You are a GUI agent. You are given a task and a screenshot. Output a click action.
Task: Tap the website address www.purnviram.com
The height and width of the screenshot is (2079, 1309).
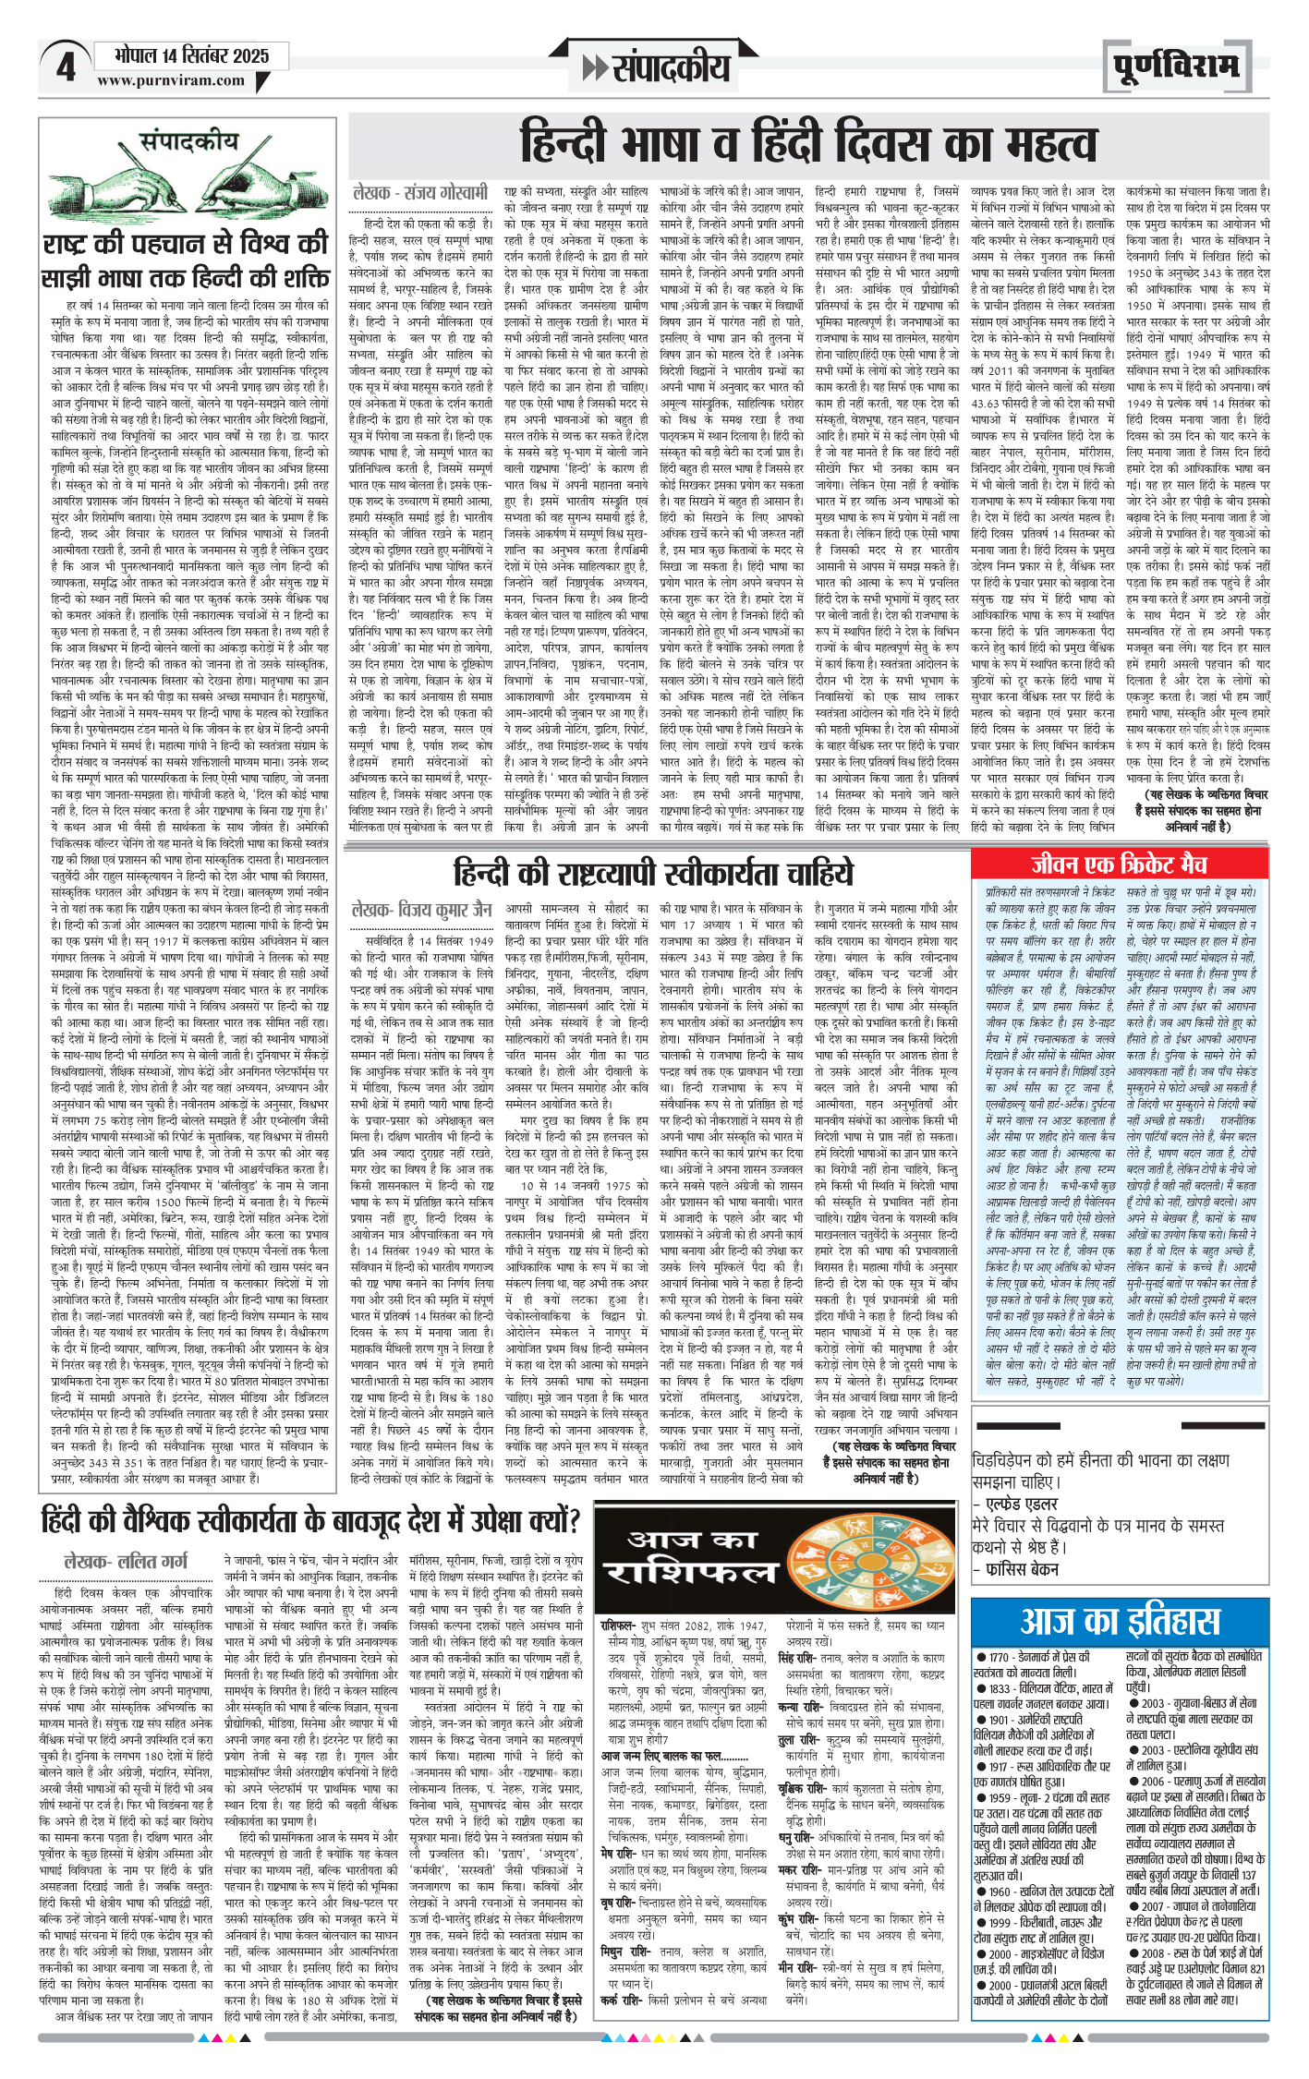click(171, 80)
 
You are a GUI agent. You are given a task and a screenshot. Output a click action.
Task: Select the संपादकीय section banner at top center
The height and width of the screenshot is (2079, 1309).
click(657, 66)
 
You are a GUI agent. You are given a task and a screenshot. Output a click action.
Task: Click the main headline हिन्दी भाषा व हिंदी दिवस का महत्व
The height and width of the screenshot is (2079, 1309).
click(808, 144)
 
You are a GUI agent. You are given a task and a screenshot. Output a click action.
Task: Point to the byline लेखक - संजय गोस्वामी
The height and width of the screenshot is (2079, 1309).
click(420, 194)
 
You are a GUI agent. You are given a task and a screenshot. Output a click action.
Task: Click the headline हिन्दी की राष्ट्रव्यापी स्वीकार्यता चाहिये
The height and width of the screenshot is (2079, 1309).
click(653, 873)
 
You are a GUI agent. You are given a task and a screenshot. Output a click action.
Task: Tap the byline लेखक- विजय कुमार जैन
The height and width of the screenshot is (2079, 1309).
click(421, 911)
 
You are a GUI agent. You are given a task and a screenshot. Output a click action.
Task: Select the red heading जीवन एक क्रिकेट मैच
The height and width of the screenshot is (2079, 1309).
click(1119, 864)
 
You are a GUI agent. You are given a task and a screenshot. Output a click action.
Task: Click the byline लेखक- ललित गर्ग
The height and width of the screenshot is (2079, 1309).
click(126, 1561)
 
